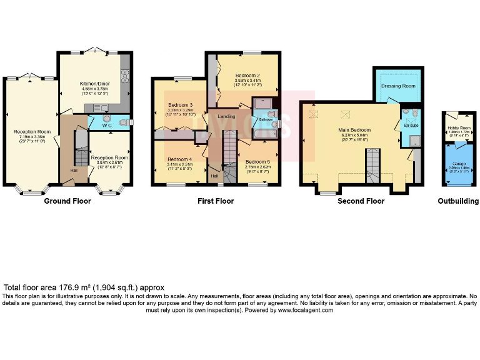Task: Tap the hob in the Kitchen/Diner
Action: pos(124,77)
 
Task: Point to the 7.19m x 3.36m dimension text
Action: pos(32,137)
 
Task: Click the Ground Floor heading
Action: pos(67,201)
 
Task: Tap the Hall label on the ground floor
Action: pos(74,170)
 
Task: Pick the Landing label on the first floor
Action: pos(226,116)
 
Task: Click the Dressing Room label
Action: pos(398,86)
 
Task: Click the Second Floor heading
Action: pos(361,201)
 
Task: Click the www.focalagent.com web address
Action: pos(306,310)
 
